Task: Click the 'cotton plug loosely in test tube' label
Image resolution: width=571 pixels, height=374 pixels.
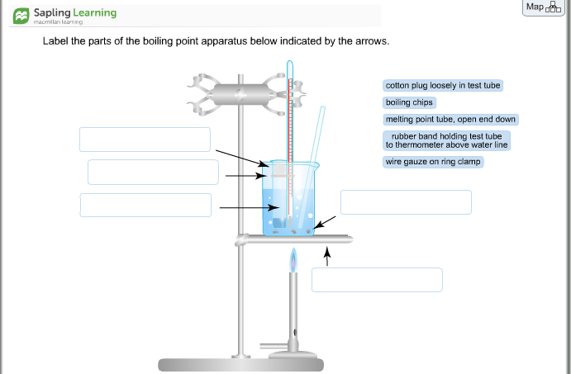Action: [x=443, y=86]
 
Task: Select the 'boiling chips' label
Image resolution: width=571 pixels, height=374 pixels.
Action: [x=409, y=102]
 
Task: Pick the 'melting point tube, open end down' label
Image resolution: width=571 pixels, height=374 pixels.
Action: [x=450, y=119]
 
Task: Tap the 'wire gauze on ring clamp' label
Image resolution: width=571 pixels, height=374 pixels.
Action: [x=433, y=162]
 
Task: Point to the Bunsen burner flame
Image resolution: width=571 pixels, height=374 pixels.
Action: [x=293, y=262]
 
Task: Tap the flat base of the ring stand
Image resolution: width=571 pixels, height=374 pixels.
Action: [x=240, y=364]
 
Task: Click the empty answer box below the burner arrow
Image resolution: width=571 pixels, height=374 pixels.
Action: [x=377, y=280]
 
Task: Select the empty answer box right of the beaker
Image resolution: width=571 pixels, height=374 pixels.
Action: [x=406, y=202]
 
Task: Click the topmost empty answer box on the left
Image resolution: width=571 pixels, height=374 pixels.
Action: [x=145, y=140]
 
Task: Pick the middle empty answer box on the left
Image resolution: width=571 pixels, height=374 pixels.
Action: [x=153, y=172]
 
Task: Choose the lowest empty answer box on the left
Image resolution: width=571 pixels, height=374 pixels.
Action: [x=145, y=205]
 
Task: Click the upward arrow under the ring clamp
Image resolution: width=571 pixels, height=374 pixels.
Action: [x=327, y=258]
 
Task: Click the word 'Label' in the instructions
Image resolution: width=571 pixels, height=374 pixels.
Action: [x=56, y=40]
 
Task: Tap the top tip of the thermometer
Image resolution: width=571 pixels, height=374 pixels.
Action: [x=289, y=64]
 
